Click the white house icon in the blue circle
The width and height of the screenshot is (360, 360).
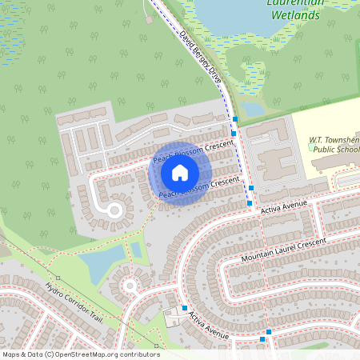pyautogui.click(x=180, y=173)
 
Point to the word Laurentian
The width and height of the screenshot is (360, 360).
pyautogui.click(x=296, y=2)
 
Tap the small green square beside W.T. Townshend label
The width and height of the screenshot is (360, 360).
pyautogui.click(x=311, y=146)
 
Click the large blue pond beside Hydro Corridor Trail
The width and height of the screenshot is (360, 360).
pyautogui.click(x=103, y=263)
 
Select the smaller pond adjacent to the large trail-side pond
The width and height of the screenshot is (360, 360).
pyautogui.click(x=136, y=250)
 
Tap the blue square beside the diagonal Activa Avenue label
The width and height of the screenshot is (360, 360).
pyautogui.click(x=184, y=308)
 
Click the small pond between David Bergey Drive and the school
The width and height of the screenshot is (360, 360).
pyautogui.click(x=254, y=109)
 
